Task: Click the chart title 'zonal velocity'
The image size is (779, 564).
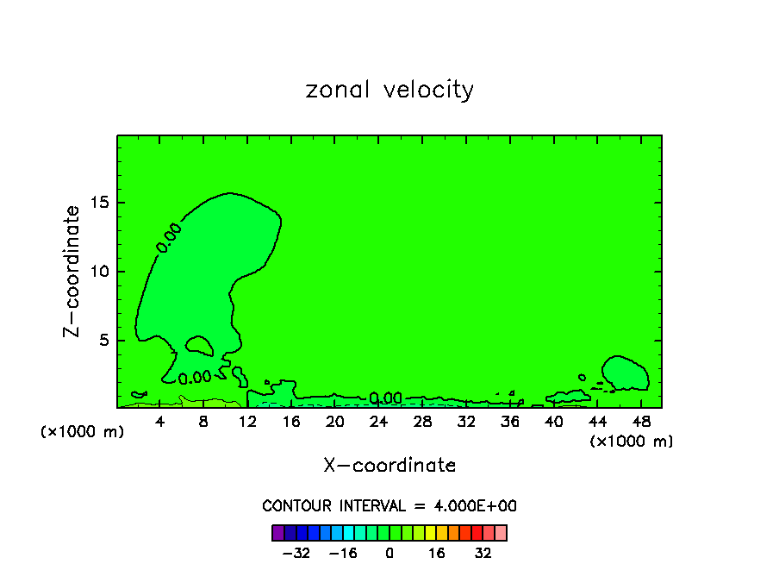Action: (389, 90)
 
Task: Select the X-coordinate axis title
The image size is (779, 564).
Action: (389, 466)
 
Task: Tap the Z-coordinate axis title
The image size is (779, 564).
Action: (74, 270)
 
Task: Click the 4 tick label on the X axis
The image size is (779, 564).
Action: (160, 422)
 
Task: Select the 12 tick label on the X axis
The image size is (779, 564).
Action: (247, 422)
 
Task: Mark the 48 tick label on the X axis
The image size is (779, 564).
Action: (640, 422)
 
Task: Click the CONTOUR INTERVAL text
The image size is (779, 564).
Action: (389, 506)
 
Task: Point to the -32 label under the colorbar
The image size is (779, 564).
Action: (296, 553)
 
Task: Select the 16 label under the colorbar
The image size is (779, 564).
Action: (437, 553)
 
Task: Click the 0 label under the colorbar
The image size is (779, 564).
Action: (389, 553)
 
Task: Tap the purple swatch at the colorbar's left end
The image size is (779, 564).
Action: (277, 533)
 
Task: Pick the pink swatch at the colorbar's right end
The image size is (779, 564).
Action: (501, 533)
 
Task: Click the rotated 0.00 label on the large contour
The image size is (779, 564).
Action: (169, 238)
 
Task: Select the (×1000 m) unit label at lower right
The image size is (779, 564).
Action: (632, 442)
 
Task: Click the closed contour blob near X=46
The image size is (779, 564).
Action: (626, 373)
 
